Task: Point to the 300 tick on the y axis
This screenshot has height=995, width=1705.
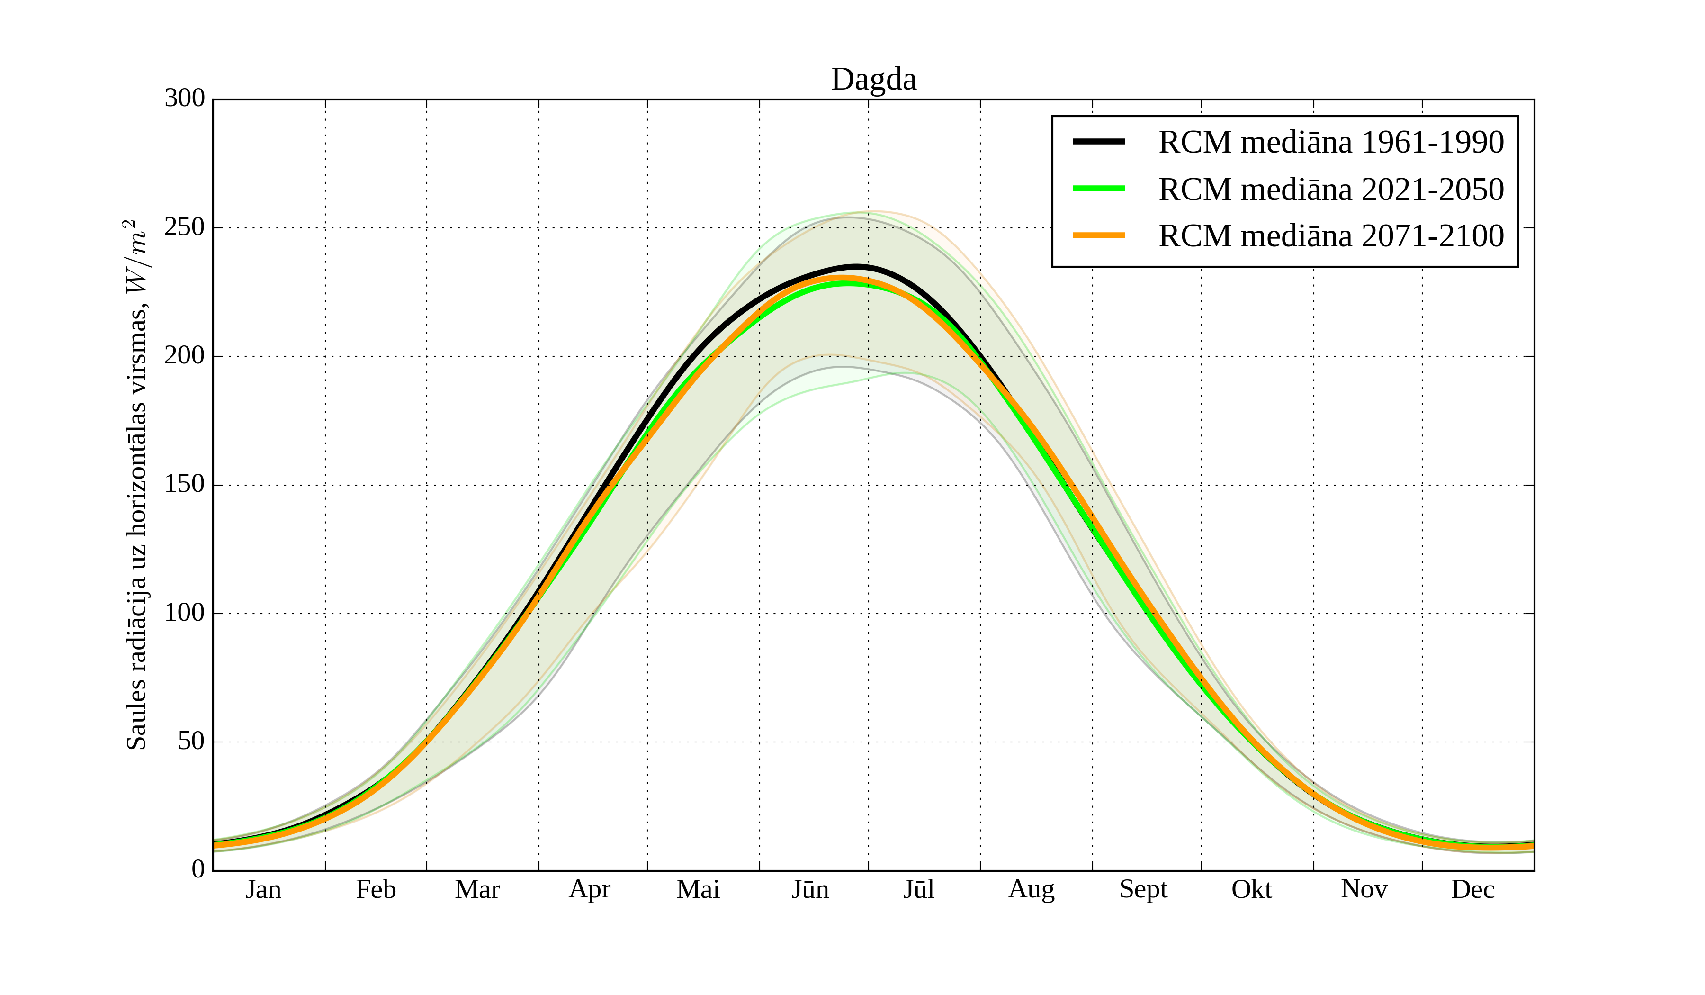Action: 185,99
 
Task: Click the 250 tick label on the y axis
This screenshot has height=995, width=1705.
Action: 185,227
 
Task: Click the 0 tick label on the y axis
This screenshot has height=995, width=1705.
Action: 198,869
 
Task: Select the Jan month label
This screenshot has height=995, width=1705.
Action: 263,889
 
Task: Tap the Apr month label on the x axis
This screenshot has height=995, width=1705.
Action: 589,889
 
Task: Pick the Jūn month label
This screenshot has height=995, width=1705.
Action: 810,889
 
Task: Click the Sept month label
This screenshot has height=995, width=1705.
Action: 1143,889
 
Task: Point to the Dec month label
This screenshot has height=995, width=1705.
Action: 1473,889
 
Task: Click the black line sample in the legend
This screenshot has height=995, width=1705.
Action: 1099,142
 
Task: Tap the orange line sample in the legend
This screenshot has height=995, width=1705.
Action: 1099,235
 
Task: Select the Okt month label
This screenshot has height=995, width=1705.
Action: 1252,889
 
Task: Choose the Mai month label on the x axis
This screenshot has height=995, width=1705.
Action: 698,889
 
